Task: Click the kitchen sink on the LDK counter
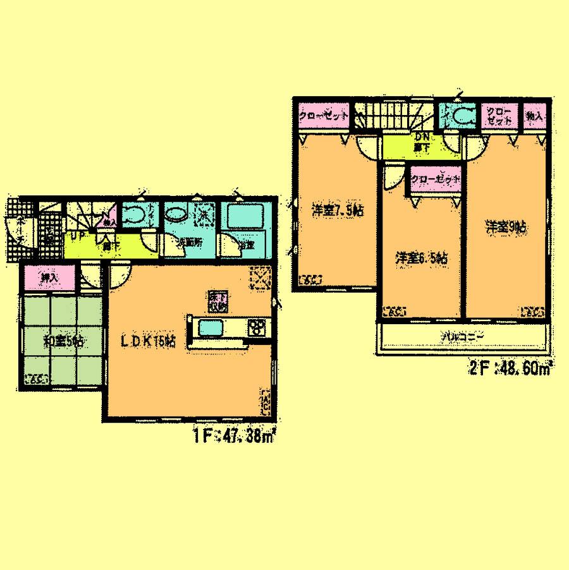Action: (212, 328)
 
